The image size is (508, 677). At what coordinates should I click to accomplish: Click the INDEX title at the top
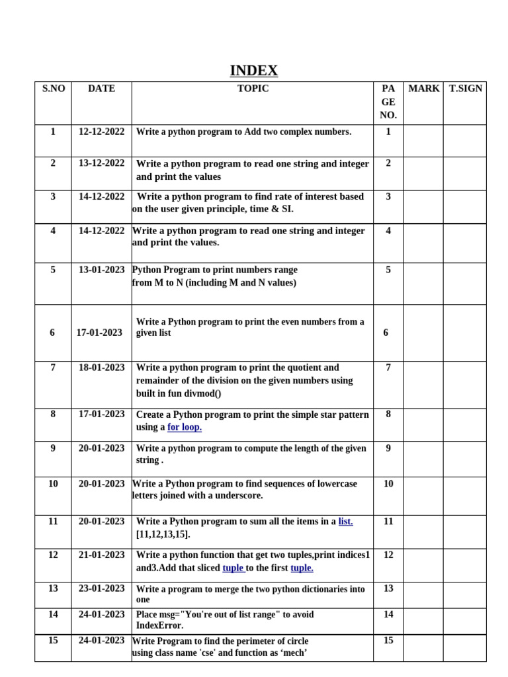pos(254,71)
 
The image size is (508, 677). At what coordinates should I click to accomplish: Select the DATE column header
pos(101,89)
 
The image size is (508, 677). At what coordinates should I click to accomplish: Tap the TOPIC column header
pos(253,89)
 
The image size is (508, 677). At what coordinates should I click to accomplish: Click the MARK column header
pos(423,89)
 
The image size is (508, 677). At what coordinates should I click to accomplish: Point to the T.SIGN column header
pos(465,89)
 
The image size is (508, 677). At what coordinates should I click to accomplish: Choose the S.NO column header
pos(53,89)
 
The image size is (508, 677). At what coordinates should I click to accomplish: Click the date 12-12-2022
pos(101,132)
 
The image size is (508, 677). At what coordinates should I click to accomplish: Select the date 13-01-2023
pos(101,270)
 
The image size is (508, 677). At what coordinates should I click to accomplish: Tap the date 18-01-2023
pos(101,368)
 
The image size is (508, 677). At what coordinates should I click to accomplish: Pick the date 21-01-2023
pos(101,555)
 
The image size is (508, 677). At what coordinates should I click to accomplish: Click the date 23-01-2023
pos(101,588)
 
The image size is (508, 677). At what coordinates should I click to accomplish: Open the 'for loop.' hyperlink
pos(185,427)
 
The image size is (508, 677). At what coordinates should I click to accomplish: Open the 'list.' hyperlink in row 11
pos(345,522)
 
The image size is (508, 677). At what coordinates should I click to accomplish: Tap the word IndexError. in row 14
pos(159,625)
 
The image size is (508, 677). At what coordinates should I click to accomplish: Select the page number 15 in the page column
pos(388,640)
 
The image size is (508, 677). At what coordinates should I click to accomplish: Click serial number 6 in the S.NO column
pos(52,333)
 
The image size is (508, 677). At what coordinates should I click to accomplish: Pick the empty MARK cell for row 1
pos(423,140)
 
